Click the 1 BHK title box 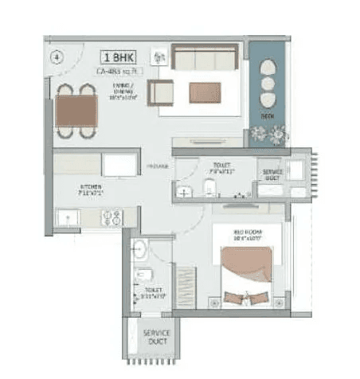coord(116,57)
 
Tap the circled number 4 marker coord(56,57)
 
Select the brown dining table coord(76,110)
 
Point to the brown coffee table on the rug coord(205,92)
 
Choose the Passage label coord(156,166)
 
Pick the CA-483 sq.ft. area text coord(116,72)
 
